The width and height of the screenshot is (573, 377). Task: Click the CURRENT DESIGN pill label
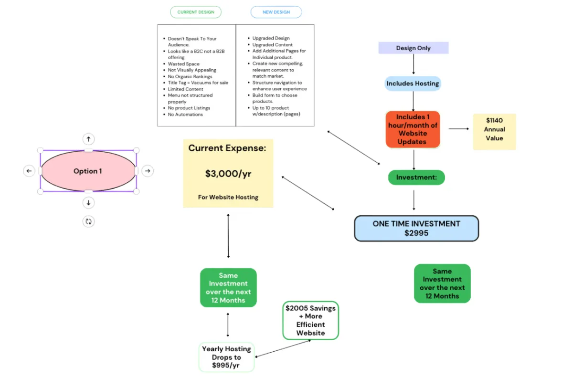tap(196, 12)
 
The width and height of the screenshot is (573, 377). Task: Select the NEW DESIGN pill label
tap(276, 12)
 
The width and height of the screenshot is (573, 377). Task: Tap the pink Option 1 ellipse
tap(88, 171)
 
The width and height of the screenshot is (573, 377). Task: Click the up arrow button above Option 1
tap(88, 139)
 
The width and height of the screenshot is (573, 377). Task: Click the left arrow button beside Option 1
tap(29, 171)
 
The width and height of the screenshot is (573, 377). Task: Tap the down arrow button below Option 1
tap(88, 203)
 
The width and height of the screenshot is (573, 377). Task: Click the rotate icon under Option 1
tap(88, 221)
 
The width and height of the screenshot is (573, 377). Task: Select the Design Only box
tap(413, 48)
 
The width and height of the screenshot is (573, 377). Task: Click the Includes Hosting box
tap(413, 84)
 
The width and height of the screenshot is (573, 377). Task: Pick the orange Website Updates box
tap(413, 129)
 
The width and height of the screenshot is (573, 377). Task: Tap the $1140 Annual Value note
tap(494, 129)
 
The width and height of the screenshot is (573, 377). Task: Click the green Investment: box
tap(416, 178)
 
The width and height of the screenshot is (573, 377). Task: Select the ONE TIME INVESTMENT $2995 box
tap(416, 228)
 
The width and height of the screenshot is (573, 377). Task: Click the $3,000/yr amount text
tap(228, 174)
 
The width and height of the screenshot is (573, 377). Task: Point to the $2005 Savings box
tap(310, 320)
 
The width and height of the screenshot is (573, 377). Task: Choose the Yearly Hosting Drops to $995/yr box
tap(226, 357)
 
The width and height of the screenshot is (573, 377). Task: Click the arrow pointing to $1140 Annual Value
tap(459, 129)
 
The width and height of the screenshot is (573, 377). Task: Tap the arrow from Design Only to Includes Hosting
tap(414, 64)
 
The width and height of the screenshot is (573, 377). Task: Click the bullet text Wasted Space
tap(184, 64)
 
